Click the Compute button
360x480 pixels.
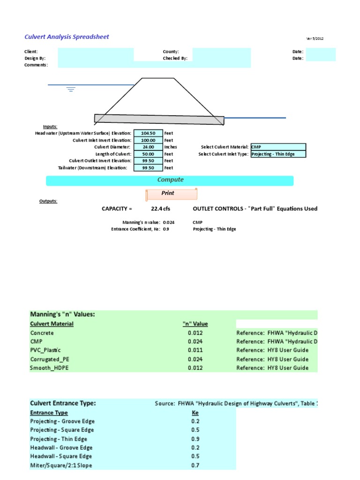pyautogui.click(x=170, y=180)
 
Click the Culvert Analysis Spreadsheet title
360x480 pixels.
pyautogui.click(x=67, y=37)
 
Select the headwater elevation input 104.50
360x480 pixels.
pyautogui.click(x=148, y=134)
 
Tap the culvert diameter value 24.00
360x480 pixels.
pyautogui.click(x=148, y=147)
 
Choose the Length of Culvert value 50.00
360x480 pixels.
pyautogui.click(x=148, y=154)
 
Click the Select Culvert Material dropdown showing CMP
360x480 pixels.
pyautogui.click(x=278, y=147)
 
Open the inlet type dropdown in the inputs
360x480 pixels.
pyautogui.click(x=278, y=154)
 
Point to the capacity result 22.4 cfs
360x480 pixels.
pyautogui.click(x=160, y=209)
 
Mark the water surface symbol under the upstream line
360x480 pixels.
pyautogui.click(x=71, y=89)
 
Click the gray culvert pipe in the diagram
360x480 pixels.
pyautogui.click(x=159, y=120)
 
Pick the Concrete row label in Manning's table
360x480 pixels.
pyautogui.click(x=42, y=333)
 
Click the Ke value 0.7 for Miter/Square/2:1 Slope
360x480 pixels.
pyautogui.click(x=195, y=465)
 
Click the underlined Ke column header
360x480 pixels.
pyautogui.click(x=195, y=413)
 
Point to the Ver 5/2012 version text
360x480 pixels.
pyautogui.click(x=315, y=38)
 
